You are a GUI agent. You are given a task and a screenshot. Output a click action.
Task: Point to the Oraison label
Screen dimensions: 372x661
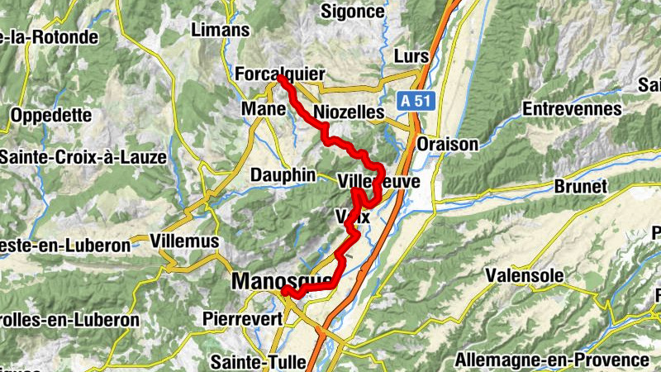pyautogui.click(x=448, y=144)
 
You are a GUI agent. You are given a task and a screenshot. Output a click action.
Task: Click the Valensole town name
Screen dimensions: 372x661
pyautogui.click(x=524, y=274)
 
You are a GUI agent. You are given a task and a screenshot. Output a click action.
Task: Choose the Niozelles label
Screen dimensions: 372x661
pyautogui.click(x=350, y=111)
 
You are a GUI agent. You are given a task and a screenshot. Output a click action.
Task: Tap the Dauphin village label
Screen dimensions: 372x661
pyautogui.click(x=283, y=174)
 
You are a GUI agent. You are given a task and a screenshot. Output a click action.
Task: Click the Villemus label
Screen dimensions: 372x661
pyautogui.click(x=185, y=241)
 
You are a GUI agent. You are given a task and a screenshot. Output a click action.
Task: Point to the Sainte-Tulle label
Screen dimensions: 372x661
pyautogui.click(x=258, y=361)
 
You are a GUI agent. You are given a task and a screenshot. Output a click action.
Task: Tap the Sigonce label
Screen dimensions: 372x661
pyautogui.click(x=352, y=12)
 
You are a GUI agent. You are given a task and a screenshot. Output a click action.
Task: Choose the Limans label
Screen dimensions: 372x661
pyautogui.click(x=220, y=30)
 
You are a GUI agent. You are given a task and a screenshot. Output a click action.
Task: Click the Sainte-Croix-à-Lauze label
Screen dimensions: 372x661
pyautogui.click(x=83, y=156)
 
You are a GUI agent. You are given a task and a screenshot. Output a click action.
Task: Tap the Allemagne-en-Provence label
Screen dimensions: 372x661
pyautogui.click(x=552, y=360)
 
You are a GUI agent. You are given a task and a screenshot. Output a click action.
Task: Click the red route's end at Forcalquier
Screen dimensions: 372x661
pyautogui.click(x=281, y=79)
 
